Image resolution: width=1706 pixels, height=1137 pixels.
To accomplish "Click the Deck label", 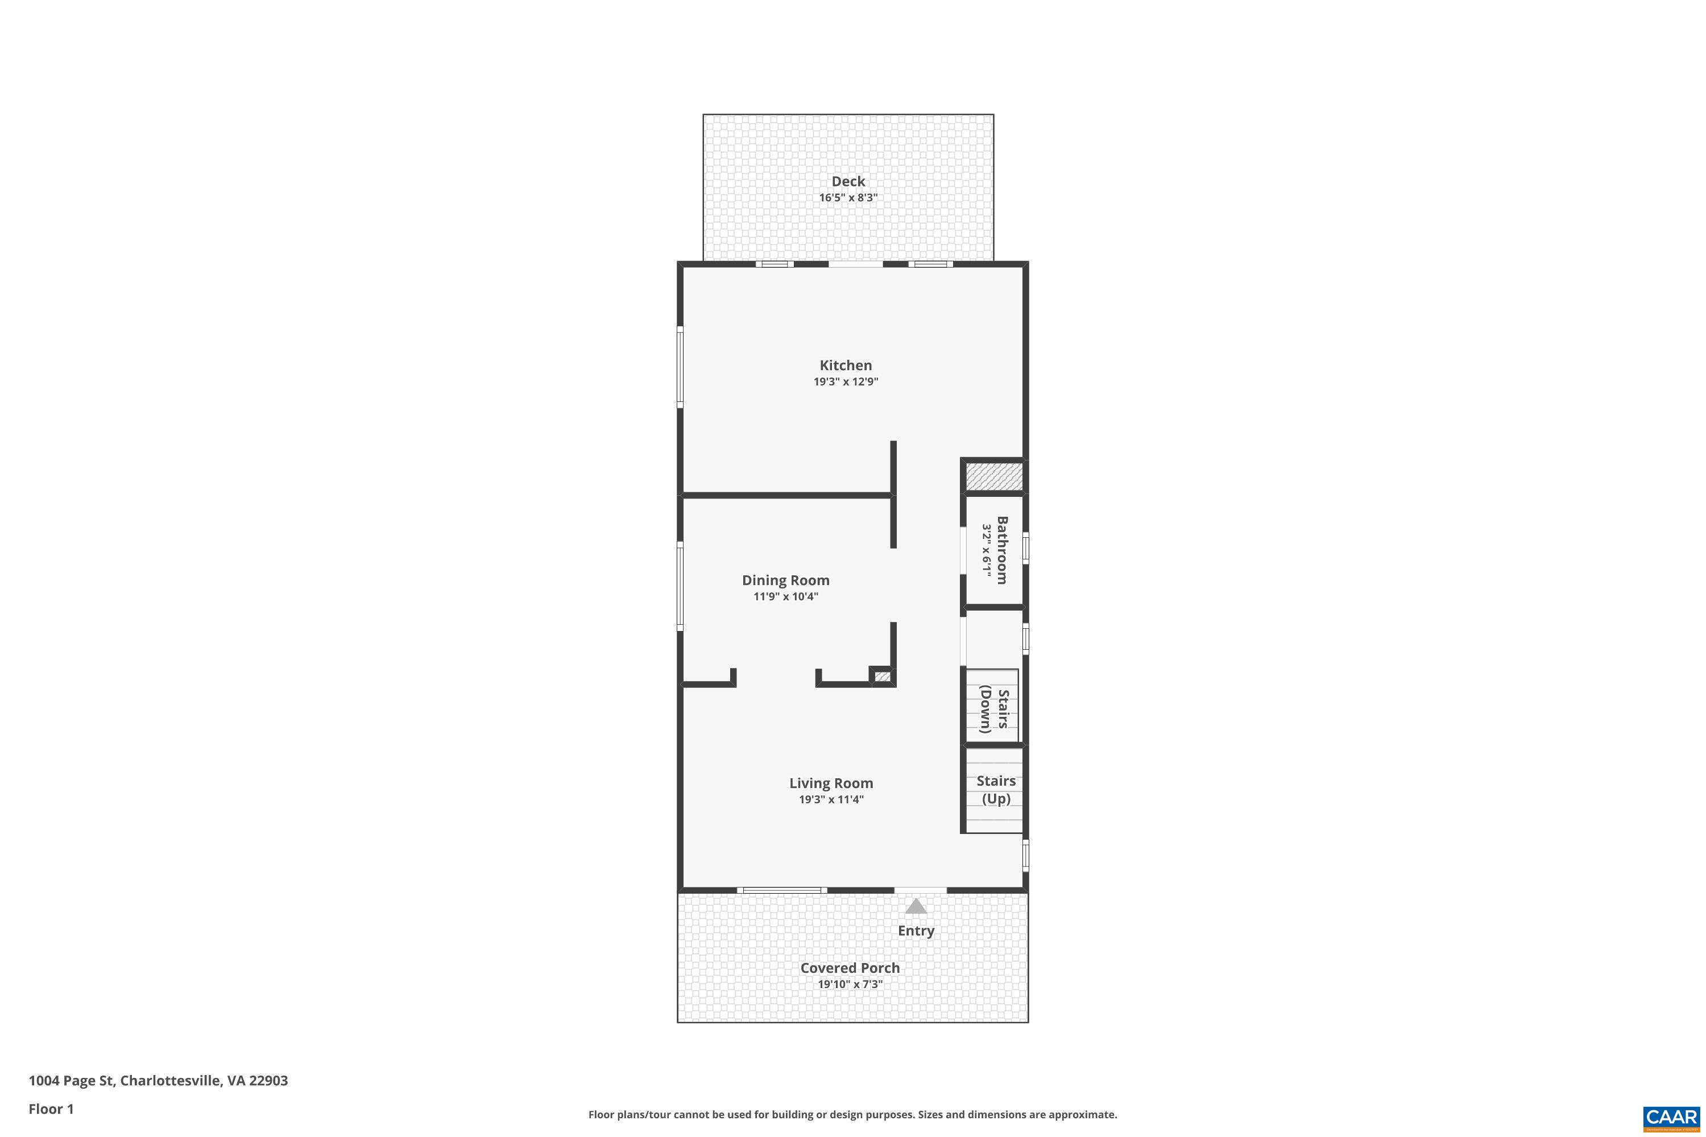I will click(x=848, y=181).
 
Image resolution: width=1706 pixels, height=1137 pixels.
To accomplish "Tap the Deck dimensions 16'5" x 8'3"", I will click(x=848, y=198).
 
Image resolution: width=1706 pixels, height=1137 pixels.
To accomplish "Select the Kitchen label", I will click(x=846, y=366).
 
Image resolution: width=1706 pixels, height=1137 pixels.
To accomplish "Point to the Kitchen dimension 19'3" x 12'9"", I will click(x=846, y=382).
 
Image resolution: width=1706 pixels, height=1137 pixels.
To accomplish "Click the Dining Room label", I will click(x=785, y=580).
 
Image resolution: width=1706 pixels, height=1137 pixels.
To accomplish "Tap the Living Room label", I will click(x=831, y=783).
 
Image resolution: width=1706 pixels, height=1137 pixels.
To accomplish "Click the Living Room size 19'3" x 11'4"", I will click(x=831, y=800).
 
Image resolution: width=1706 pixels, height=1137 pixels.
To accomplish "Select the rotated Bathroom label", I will click(x=1001, y=550).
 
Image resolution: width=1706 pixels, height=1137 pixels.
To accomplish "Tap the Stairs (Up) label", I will click(x=996, y=790).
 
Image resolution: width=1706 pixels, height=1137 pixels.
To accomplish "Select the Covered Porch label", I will click(x=850, y=968).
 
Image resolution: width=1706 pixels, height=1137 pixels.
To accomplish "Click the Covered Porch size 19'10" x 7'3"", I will click(x=850, y=985).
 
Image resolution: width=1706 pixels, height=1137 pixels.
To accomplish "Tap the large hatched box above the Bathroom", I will click(x=993, y=476).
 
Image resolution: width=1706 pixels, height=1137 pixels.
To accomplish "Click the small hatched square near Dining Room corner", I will click(x=882, y=677).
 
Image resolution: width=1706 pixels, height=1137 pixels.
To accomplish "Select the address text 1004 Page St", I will click(x=71, y=1081).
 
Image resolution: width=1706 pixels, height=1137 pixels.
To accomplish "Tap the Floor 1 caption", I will click(x=51, y=1109).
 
